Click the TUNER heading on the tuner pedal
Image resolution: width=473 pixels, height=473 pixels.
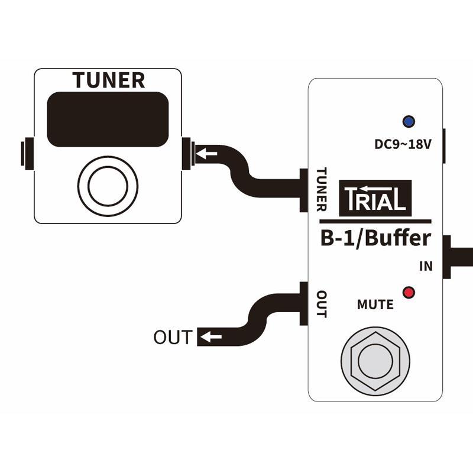coord(108,80)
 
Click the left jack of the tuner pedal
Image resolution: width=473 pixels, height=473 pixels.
coord(25,153)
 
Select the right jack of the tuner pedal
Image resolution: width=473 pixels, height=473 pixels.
coord(188,153)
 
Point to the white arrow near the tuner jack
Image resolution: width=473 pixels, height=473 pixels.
coord(206,154)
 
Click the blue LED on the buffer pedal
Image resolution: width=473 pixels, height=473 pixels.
coord(408,121)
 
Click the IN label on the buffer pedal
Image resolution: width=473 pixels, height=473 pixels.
coord(426,267)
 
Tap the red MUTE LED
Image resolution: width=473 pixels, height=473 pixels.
coord(408,292)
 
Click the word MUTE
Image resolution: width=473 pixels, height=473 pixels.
coord(375,305)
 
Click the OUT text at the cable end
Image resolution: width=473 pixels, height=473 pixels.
coord(173,338)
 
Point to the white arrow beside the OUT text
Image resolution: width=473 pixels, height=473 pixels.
coord(210,338)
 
